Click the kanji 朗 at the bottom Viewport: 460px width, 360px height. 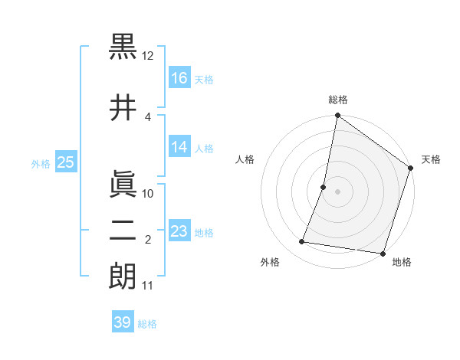coord(123,276)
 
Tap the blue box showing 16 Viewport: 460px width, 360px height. coord(179,77)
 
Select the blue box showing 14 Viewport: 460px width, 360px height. coord(179,147)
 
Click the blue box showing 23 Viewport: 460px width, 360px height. coord(179,231)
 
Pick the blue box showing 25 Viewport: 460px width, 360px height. coord(65,162)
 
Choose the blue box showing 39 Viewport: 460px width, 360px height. coord(122,322)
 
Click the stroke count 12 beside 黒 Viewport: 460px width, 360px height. coord(148,56)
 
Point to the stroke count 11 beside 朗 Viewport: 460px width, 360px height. coord(148,286)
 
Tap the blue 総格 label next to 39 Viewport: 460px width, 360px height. coord(147,324)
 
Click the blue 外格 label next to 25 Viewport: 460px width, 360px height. coord(41,163)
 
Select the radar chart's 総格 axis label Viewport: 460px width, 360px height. coord(337,100)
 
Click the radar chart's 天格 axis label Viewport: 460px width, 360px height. coord(431,159)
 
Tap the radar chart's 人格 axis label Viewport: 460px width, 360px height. coord(245,159)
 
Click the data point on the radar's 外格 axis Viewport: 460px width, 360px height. coord(302,242)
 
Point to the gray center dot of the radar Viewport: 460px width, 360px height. coord(337,191)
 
